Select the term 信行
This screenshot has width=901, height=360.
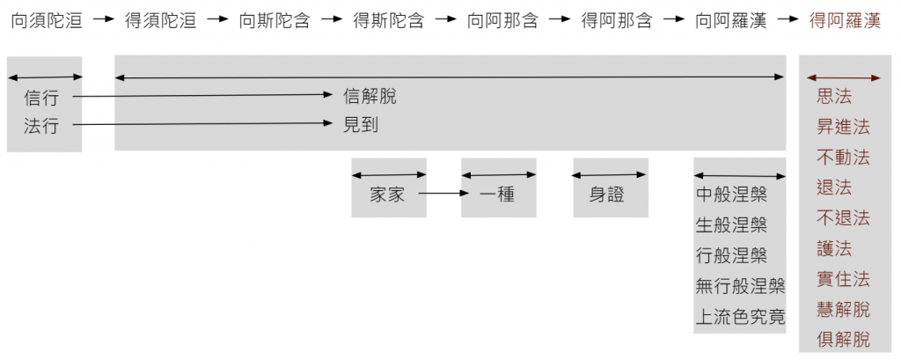(x=41, y=98)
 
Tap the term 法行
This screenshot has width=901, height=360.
(x=41, y=126)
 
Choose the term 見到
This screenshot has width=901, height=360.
(x=361, y=125)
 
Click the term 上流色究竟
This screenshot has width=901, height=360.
(x=740, y=316)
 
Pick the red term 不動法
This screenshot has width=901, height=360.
(x=843, y=158)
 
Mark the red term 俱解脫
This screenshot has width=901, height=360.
(x=843, y=340)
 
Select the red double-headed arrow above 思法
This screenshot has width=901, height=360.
(x=843, y=78)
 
